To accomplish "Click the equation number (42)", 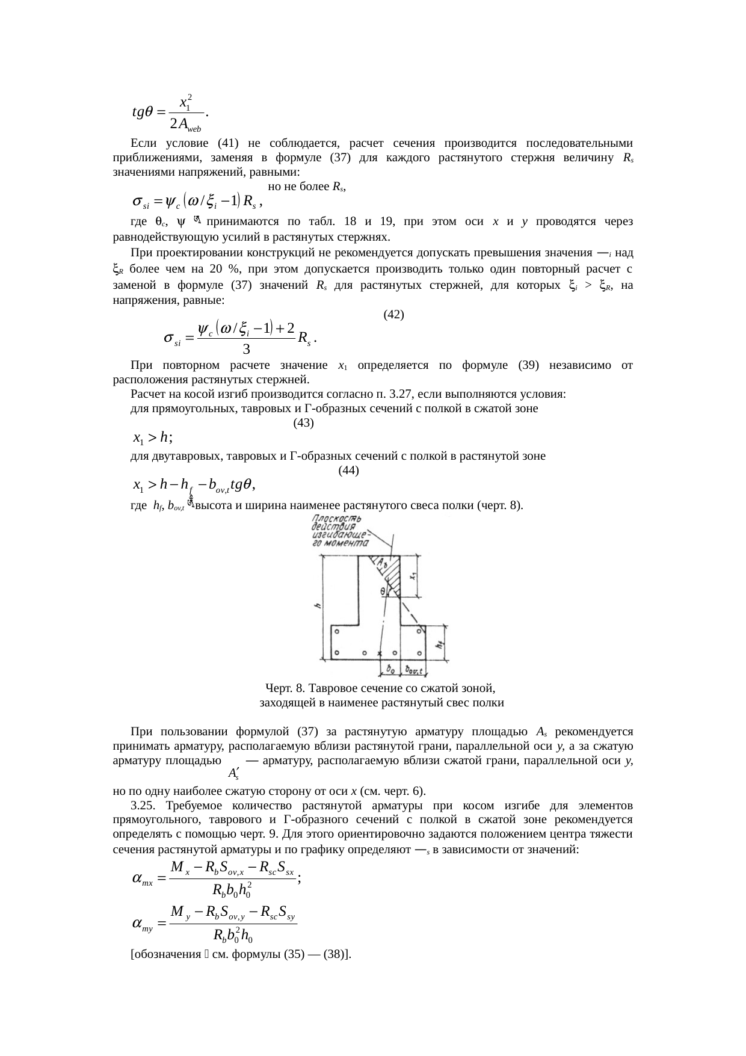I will [393, 314].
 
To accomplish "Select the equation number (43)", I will [303, 422].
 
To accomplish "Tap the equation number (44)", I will [349, 471].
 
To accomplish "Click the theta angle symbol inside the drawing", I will [383, 591].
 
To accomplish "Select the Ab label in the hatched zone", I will [382, 563].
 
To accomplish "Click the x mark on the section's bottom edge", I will [379, 653].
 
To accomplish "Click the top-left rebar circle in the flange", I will [338, 632].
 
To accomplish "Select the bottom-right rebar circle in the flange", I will [419, 653].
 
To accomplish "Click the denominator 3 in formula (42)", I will [246, 348].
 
